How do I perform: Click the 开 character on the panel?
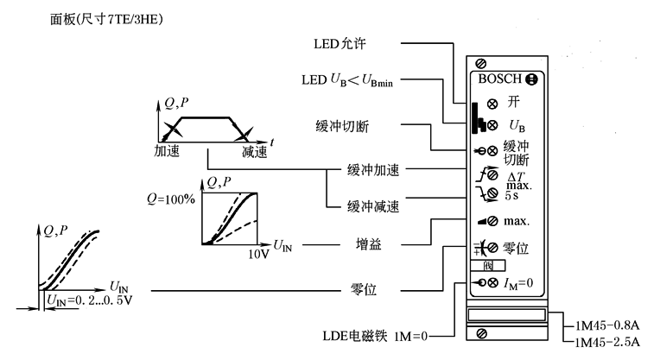click(x=514, y=101)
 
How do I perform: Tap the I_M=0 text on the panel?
click(x=517, y=282)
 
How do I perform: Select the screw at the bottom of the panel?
click(x=480, y=332)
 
